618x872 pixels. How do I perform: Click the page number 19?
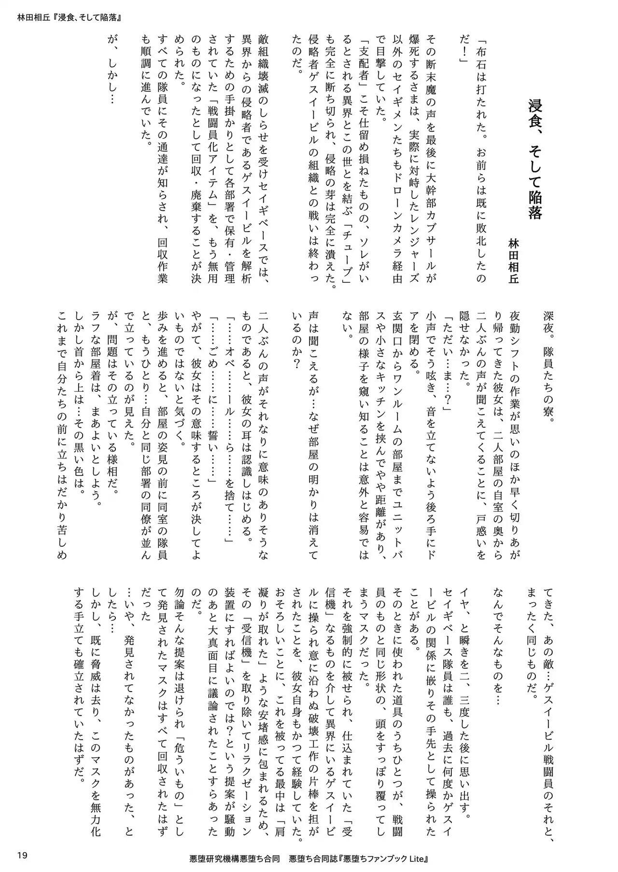click(21, 857)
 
